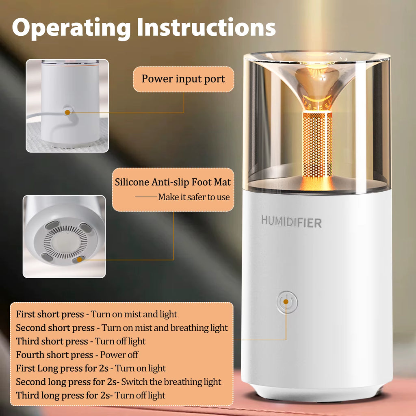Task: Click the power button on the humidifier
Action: (287, 302)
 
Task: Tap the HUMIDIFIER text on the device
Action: (291, 222)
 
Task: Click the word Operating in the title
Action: (70, 28)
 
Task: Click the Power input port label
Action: (183, 79)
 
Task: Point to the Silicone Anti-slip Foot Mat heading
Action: (173, 182)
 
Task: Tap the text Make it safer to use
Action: (193, 197)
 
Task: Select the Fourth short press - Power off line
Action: (77, 355)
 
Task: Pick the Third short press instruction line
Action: (80, 341)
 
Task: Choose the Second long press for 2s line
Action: (118, 382)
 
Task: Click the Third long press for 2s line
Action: (91, 395)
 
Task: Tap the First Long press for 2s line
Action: (91, 368)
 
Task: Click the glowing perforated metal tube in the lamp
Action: (317, 144)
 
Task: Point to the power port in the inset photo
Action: (67, 110)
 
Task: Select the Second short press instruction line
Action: (122, 327)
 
